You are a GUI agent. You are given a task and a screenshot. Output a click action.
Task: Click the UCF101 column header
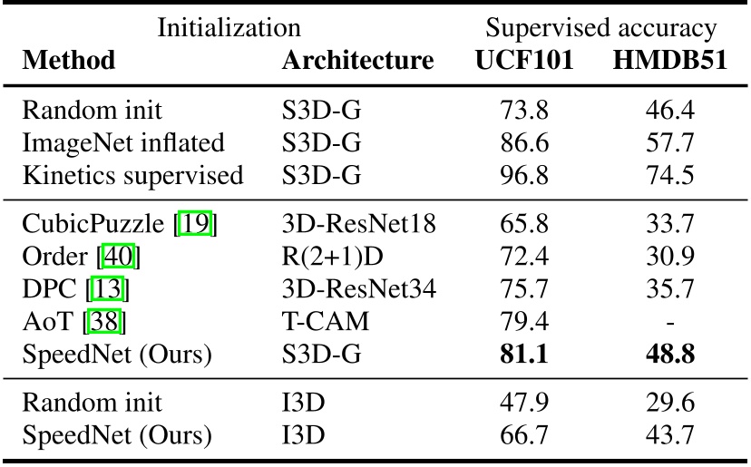(x=524, y=61)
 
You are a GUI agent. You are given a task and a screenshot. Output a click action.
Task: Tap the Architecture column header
(x=357, y=61)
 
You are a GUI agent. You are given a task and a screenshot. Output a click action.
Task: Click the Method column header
(x=69, y=61)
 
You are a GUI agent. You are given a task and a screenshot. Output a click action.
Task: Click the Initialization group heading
(x=229, y=27)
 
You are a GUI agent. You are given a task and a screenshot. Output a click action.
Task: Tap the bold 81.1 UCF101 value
(x=524, y=353)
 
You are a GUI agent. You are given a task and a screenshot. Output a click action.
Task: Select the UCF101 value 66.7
(x=524, y=436)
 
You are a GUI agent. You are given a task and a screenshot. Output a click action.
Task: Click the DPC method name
(x=46, y=289)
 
